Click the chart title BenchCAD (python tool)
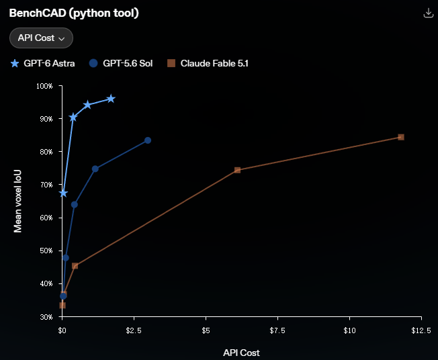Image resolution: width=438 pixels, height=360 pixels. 74,13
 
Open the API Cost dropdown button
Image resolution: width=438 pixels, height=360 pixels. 42,38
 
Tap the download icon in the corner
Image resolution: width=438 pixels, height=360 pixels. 428,13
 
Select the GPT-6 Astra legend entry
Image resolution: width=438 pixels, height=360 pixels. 42,63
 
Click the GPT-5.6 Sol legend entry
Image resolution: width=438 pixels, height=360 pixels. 121,63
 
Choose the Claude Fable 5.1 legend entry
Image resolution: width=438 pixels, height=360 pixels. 208,63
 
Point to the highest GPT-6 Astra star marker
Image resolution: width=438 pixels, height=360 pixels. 111,99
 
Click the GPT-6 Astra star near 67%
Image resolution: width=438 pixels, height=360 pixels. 63,193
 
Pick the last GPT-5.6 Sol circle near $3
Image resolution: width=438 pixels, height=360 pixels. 148,140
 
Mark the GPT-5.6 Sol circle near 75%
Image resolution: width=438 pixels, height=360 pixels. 95,169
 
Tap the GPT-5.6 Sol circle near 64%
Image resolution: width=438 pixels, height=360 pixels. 75,205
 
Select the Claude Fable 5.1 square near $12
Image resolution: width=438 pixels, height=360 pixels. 401,137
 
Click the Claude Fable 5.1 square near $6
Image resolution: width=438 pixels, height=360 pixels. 237,170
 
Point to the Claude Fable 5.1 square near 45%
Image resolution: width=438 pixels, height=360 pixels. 75,266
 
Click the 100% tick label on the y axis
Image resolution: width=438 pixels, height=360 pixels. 44,86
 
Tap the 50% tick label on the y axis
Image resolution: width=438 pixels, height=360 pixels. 46,251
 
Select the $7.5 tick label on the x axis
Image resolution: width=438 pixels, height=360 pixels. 277,330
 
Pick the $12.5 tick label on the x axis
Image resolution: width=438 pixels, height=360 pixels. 421,330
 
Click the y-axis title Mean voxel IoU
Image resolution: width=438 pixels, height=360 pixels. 17,201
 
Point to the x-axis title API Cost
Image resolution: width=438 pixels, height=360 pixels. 241,353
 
